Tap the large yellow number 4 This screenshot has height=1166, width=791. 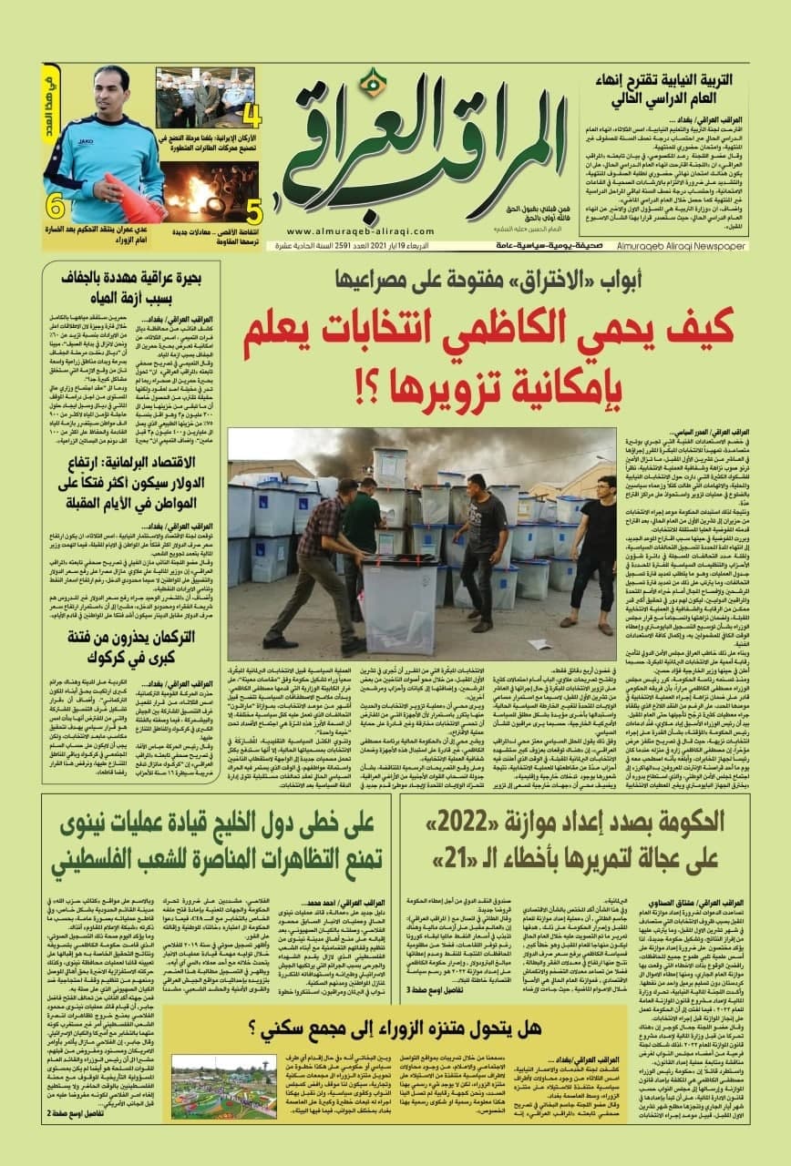pos(252,116)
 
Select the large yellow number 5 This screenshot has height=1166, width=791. pos(254,210)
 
